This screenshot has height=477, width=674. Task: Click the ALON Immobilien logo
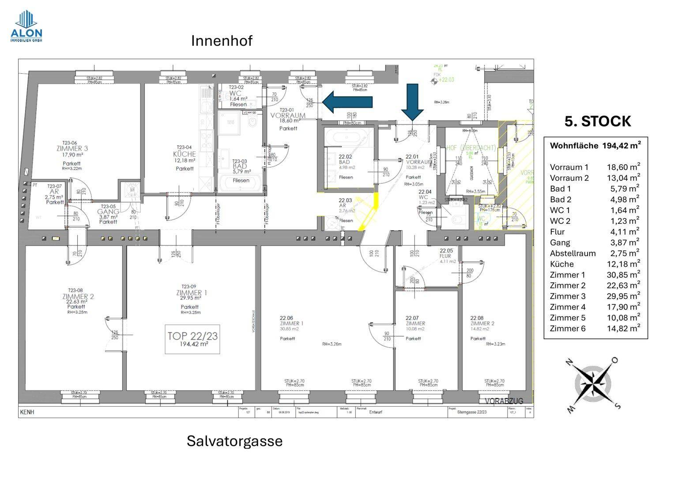[x=26, y=26]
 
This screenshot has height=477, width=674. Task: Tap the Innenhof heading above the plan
[x=222, y=41]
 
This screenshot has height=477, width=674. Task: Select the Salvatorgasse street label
[x=234, y=441]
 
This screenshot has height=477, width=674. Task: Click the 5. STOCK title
[x=598, y=121]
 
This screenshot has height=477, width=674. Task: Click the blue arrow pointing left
[x=347, y=102]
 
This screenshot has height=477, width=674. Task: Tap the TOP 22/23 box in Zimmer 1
[x=192, y=339]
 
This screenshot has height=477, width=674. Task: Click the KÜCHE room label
[x=185, y=154]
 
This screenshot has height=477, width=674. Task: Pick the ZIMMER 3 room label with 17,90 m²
[x=72, y=148]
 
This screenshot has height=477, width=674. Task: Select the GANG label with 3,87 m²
[x=108, y=212]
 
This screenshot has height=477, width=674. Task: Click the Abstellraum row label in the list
[x=572, y=254]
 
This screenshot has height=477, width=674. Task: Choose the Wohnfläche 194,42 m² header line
[x=595, y=145]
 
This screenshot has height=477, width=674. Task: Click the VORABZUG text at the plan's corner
[x=504, y=401]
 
